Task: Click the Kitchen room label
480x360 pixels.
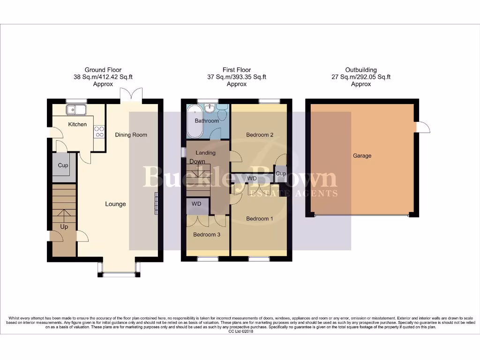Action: [x=77, y=124]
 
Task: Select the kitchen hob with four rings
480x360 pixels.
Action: [x=99, y=132]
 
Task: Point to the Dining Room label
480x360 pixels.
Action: [x=131, y=135]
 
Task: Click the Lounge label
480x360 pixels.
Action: [x=115, y=204]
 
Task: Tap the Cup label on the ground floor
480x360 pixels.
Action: [x=63, y=165]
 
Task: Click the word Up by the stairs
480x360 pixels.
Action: [x=64, y=227]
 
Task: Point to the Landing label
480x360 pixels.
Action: [x=205, y=153]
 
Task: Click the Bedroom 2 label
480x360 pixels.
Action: [x=260, y=135]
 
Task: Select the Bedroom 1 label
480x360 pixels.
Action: [x=260, y=219]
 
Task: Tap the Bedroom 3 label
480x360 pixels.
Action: [x=207, y=235]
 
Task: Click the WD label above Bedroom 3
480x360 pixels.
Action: [x=197, y=204]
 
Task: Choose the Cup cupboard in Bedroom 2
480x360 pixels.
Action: [x=280, y=173]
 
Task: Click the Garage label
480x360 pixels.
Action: [x=362, y=156]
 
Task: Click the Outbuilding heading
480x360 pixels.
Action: [x=360, y=70]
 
